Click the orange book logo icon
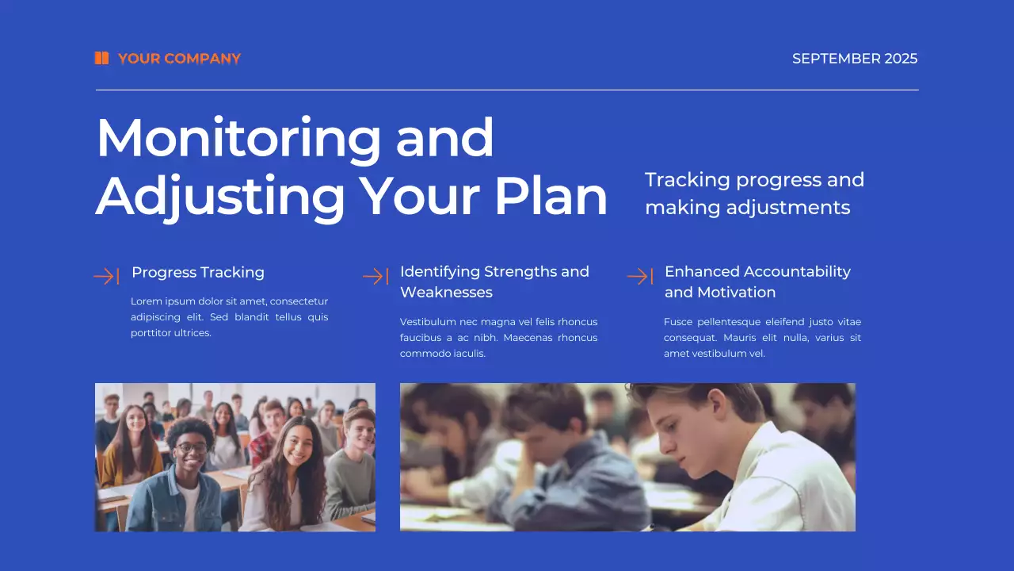(101, 58)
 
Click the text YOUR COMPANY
(179, 59)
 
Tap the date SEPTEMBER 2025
(855, 59)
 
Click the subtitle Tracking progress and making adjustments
(754, 194)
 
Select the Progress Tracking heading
(198, 273)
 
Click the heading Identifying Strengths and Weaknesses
(494, 282)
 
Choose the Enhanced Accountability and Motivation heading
(757, 282)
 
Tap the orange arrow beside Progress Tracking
(106, 276)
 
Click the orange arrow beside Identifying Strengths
(375, 276)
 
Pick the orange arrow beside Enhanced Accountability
(640, 276)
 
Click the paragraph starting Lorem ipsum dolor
(229, 317)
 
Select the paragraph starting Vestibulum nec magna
(498, 338)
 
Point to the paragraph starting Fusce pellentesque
(762, 338)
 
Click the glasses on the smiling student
(191, 447)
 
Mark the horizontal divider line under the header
(507, 90)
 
